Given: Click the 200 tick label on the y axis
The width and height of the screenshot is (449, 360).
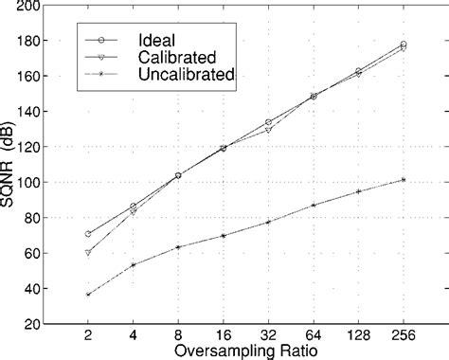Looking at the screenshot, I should pyautogui.click(x=28, y=7).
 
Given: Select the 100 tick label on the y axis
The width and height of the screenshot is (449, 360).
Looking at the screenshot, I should pyautogui.click(x=28, y=182).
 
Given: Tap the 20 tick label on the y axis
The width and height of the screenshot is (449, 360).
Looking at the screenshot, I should pyautogui.click(x=32, y=323).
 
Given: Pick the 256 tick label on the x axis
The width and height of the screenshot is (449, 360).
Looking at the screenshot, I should pyautogui.click(x=404, y=334).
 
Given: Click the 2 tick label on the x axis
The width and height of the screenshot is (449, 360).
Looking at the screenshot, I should pyautogui.click(x=88, y=334).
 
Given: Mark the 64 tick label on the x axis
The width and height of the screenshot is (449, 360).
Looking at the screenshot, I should pyautogui.click(x=313, y=334).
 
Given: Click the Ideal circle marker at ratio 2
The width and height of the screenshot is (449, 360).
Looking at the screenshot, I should pyautogui.click(x=88, y=234).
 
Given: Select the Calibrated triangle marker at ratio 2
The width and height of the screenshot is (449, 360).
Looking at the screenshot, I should pyautogui.click(x=88, y=253).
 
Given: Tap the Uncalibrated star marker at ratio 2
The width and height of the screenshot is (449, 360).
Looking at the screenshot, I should pyautogui.click(x=88, y=295).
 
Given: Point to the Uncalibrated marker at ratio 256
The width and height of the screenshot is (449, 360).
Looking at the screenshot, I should pyautogui.click(x=404, y=180).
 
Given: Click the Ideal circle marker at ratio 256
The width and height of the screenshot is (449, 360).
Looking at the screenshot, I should pyautogui.click(x=404, y=45).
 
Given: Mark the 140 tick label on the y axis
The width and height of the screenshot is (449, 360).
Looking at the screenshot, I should pyautogui.click(x=28, y=112).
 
